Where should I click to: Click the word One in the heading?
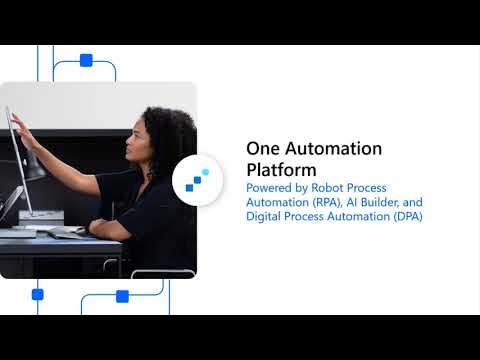point(262,149)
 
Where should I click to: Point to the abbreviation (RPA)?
point(337,202)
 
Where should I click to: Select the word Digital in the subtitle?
point(266,216)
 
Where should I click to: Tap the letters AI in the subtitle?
point(363,202)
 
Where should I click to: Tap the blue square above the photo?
point(86,60)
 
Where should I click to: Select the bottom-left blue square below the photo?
point(38,294)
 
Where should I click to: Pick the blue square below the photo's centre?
point(122,296)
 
